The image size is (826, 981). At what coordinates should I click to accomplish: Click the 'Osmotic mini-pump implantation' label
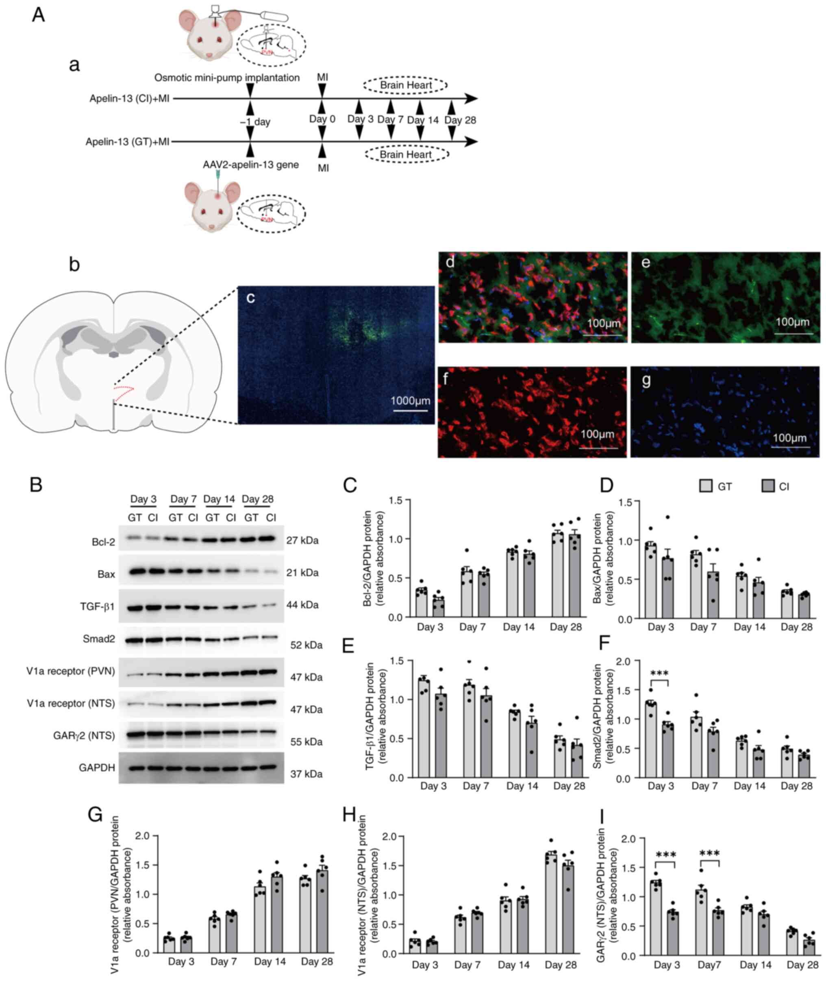[227, 77]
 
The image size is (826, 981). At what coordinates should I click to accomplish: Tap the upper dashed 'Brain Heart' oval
[406, 85]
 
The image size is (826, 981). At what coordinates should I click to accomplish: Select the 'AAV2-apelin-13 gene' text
[250, 165]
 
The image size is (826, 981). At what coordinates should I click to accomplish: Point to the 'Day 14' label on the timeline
[422, 120]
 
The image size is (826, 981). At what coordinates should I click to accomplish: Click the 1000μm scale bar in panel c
[411, 411]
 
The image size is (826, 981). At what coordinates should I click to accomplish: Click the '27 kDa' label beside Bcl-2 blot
[302, 540]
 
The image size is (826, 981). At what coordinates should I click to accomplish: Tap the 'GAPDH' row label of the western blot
[97, 768]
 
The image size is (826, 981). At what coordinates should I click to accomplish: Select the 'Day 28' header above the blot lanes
[258, 499]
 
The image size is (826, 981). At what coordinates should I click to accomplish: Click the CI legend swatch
[768, 487]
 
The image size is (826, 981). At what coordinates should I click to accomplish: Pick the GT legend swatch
[706, 487]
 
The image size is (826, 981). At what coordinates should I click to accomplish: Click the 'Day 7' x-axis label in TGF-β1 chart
[476, 786]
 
